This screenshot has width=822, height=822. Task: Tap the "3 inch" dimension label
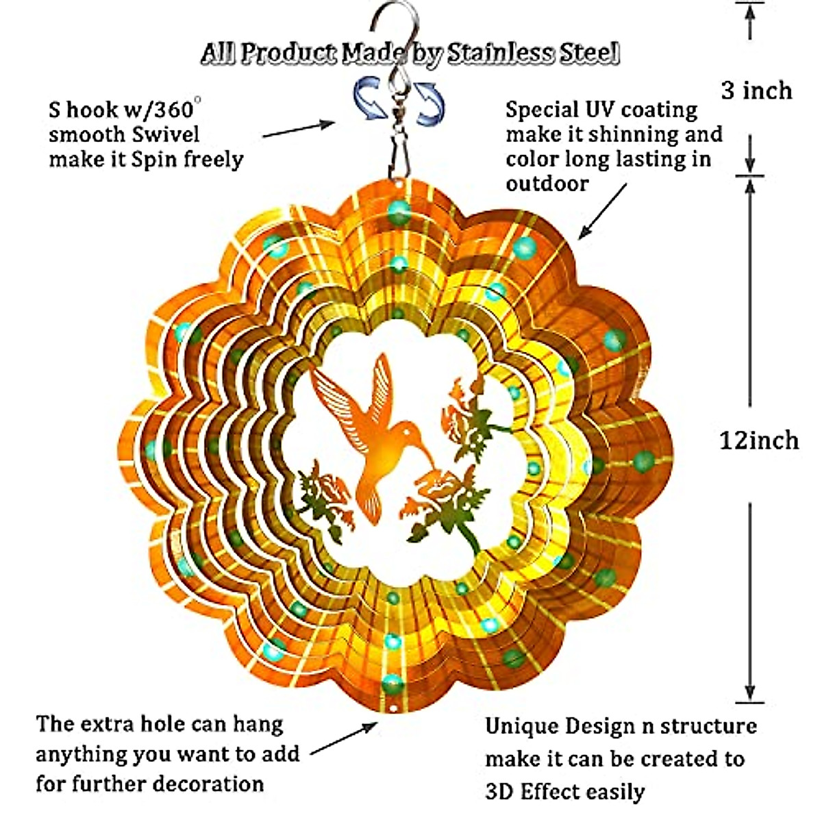tap(756, 90)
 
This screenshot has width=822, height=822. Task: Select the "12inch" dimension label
tap(759, 440)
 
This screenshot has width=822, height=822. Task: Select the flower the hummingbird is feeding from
tap(443, 486)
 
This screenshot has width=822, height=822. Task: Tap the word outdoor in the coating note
tap(547, 184)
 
